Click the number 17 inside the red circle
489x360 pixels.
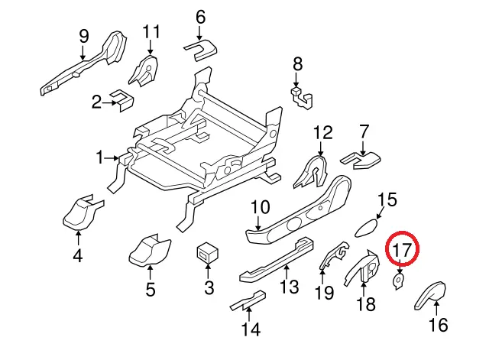(x=403, y=250)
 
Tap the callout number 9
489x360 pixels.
(x=83, y=36)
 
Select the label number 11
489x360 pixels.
(x=151, y=31)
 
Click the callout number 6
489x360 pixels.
(x=200, y=17)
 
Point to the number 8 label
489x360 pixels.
(x=298, y=64)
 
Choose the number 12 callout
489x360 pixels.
(x=322, y=132)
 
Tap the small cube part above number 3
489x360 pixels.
(x=207, y=251)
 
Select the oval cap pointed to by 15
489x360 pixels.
(x=367, y=228)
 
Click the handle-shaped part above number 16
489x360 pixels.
(x=431, y=295)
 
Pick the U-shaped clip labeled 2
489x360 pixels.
(x=122, y=99)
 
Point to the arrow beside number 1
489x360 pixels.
(x=112, y=158)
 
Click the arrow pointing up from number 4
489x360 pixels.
(x=78, y=238)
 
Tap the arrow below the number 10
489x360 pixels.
(x=257, y=223)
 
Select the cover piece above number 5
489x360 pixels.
(x=150, y=250)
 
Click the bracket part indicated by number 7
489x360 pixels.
(x=361, y=161)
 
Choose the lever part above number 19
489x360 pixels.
(x=334, y=255)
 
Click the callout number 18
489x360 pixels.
(x=366, y=303)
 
